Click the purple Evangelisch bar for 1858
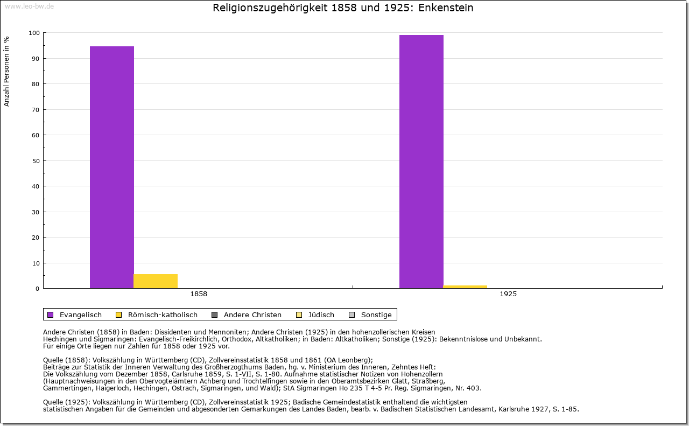click(112, 167)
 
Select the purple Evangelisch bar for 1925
click(421, 162)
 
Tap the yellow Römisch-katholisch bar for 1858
click(156, 281)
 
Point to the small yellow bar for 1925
click(465, 287)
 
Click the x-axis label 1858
click(199, 295)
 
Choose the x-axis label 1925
click(508, 295)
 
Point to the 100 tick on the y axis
click(34, 33)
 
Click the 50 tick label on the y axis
click(36, 161)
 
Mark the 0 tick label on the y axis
click(37, 289)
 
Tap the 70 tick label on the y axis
click(36, 110)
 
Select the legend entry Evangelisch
click(80, 315)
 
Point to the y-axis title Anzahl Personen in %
click(7, 71)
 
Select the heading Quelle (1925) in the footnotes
click(67, 402)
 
